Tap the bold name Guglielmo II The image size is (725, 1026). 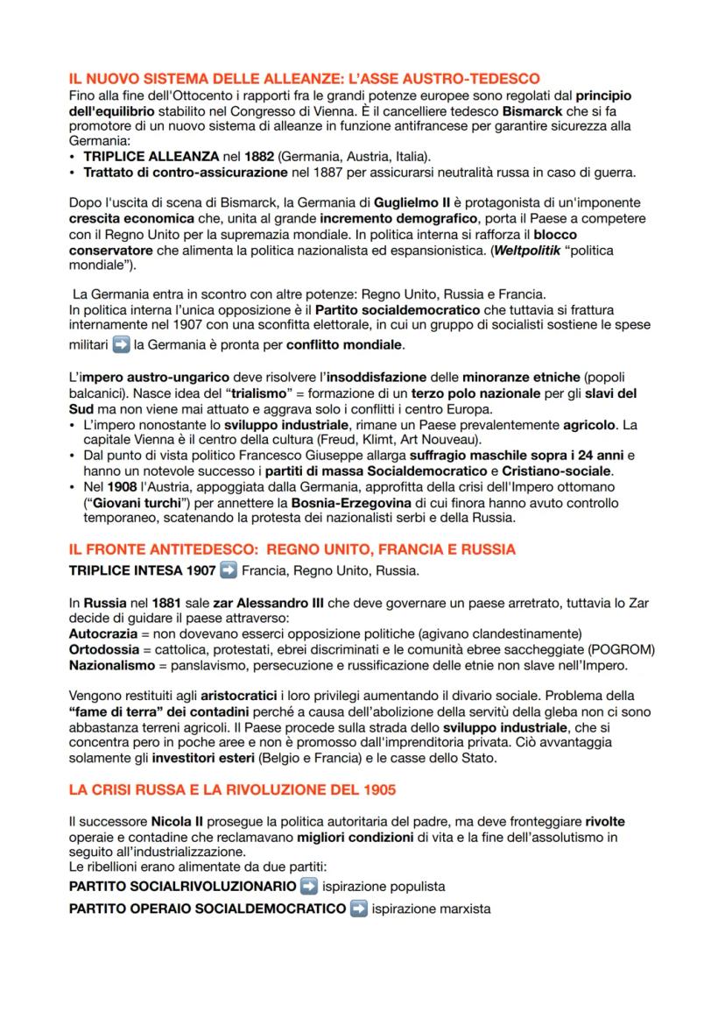pos(410,202)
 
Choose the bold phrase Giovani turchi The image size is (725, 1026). pos(125,502)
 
